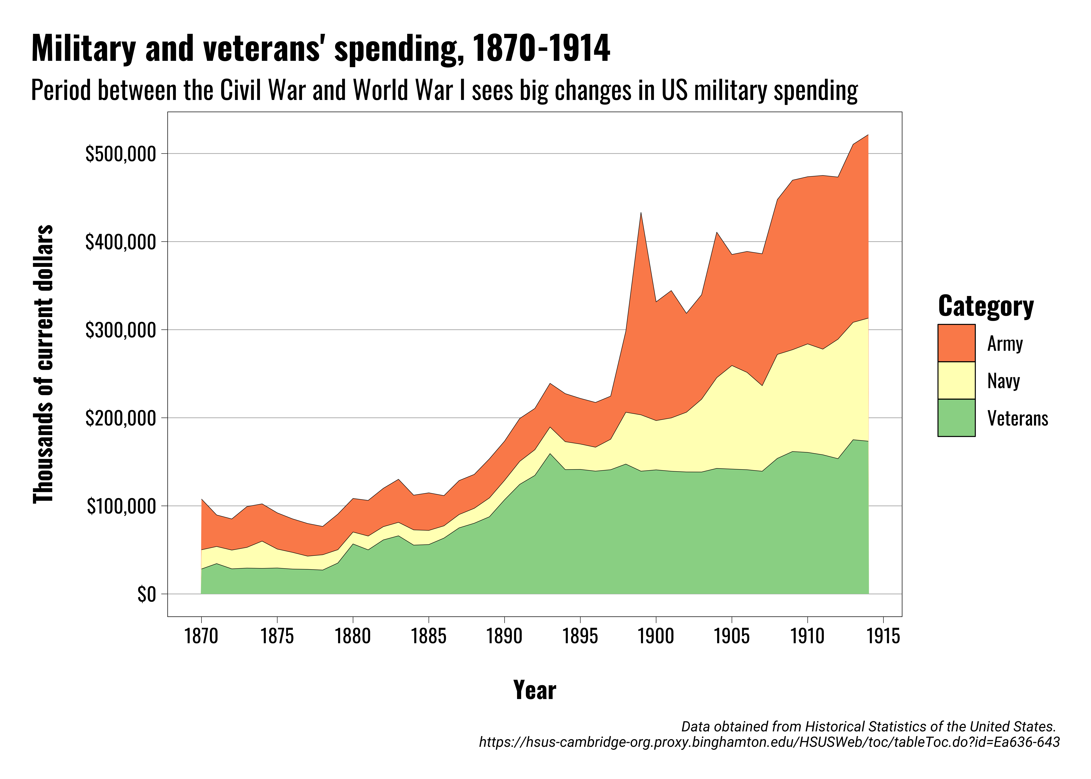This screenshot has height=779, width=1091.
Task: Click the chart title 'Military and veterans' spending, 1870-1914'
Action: [x=320, y=49]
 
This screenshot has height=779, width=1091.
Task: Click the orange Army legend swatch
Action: [x=956, y=343]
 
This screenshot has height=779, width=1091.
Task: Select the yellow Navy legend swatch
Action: [x=956, y=380]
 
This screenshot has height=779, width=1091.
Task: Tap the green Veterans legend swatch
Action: [x=956, y=418]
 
